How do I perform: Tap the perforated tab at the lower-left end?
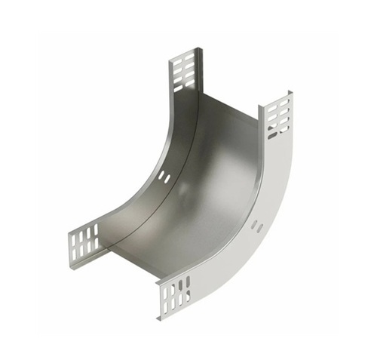tap(84, 240)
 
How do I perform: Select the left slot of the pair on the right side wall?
tap(254, 224)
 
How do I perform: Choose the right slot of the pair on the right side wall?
tap(261, 228)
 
